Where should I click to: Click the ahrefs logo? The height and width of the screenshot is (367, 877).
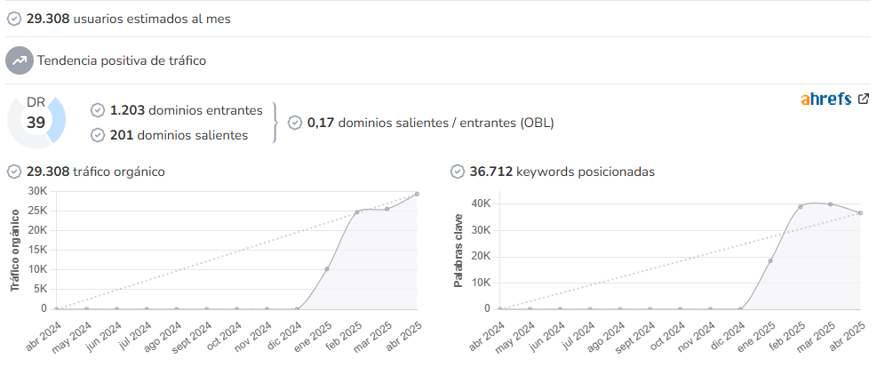pyautogui.click(x=826, y=99)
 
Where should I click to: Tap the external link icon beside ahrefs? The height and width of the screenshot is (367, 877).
pyautogui.click(x=864, y=99)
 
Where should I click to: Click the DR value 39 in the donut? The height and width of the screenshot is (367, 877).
pyautogui.click(x=36, y=123)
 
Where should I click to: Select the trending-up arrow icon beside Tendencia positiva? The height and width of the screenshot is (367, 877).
pyautogui.click(x=20, y=60)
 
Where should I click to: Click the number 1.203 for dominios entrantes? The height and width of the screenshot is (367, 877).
pyautogui.click(x=128, y=111)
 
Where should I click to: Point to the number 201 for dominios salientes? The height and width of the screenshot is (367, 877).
pyautogui.click(x=122, y=135)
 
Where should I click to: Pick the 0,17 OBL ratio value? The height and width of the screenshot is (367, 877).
pyautogui.click(x=321, y=124)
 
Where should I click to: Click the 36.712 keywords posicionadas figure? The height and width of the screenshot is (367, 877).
pyautogui.click(x=490, y=172)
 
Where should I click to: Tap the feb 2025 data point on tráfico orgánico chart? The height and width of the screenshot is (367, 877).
pyautogui.click(x=357, y=212)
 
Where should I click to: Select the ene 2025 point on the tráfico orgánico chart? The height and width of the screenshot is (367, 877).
pyautogui.click(x=327, y=269)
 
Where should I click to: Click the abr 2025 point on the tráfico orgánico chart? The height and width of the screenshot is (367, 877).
pyautogui.click(x=417, y=194)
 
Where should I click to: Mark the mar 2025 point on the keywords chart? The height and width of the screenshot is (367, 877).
pyautogui.click(x=831, y=204)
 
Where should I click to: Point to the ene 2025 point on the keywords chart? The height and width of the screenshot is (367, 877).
pyautogui.click(x=770, y=260)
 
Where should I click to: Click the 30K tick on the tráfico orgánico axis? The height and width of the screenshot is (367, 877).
pyautogui.click(x=37, y=191)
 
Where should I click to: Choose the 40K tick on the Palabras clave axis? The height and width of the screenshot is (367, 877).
pyautogui.click(x=481, y=203)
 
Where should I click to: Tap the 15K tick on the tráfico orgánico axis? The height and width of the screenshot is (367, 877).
pyautogui.click(x=37, y=250)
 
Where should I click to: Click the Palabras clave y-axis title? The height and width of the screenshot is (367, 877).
pyautogui.click(x=458, y=250)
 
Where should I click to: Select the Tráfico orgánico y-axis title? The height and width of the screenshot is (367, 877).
pyautogui.click(x=15, y=250)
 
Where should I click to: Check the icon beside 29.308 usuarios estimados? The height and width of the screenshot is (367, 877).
pyautogui.click(x=14, y=19)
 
